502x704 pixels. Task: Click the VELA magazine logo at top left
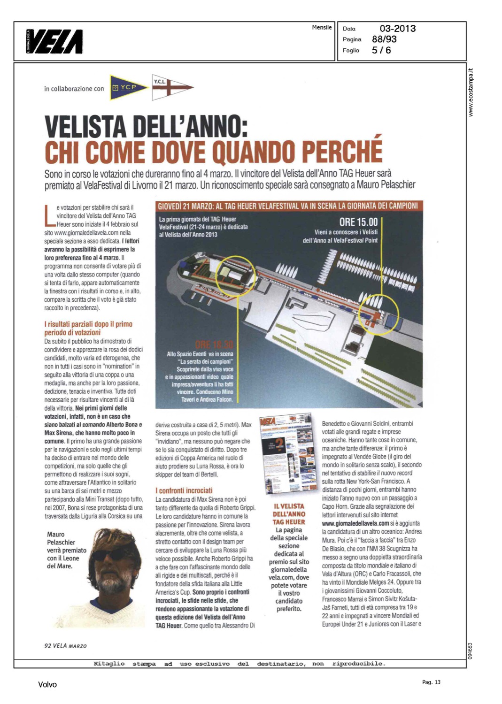tap(55, 41)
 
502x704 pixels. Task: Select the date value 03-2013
tap(397, 29)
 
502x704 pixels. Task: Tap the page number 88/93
tap(384, 39)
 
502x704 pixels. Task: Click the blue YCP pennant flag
tap(127, 87)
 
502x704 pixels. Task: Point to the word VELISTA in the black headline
tap(85, 127)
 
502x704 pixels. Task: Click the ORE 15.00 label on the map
tap(358, 222)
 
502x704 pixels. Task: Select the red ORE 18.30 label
tap(214, 345)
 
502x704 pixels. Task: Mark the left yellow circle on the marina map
tap(236, 276)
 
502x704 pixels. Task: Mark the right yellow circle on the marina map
tap(379, 314)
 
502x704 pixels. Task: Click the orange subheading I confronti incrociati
tap(184, 490)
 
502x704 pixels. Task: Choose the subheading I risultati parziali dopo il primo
tap(88, 324)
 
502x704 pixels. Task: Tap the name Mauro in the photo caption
tap(56, 534)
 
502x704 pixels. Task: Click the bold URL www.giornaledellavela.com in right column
tap(355, 523)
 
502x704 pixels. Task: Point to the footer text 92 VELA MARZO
tap(65, 646)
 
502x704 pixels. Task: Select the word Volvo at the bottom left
tap(47, 685)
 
